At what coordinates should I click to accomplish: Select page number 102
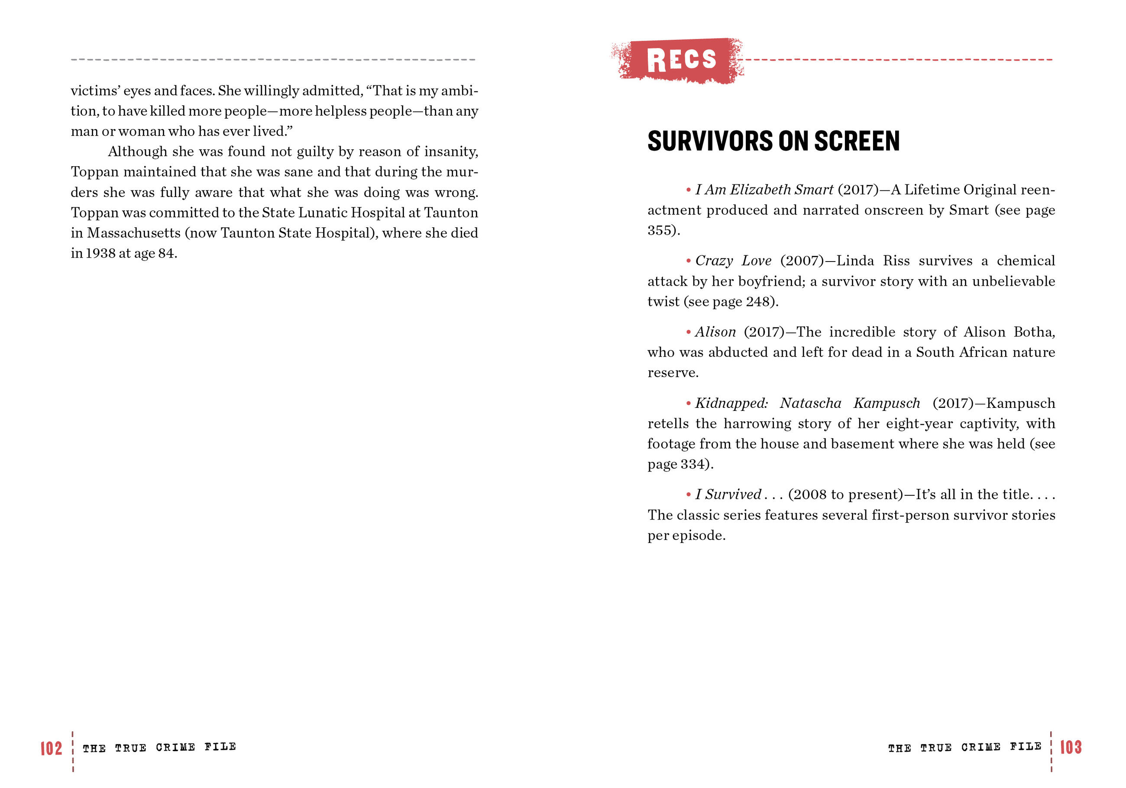[51, 748]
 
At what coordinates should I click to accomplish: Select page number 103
[1071, 747]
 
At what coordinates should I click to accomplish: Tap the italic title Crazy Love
[733, 261]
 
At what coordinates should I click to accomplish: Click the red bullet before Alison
[689, 333]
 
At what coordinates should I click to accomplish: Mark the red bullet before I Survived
[689, 495]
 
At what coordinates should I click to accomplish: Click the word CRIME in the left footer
[175, 747]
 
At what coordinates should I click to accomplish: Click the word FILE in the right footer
[1026, 746]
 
